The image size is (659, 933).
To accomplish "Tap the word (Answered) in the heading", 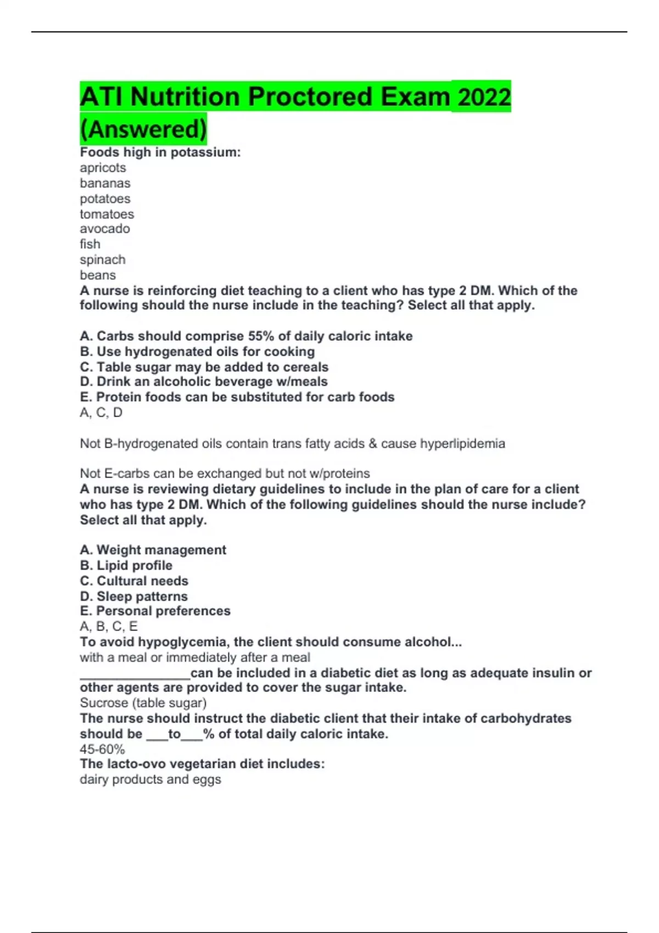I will [143, 130].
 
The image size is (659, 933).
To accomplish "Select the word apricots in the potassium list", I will [103, 168].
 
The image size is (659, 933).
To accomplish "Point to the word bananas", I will [105, 183].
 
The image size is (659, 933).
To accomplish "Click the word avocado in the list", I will [104, 229].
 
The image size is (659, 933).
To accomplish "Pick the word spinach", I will [102, 260].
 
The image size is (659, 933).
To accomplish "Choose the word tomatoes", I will [107, 214].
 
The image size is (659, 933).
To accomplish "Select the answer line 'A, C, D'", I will [101, 413].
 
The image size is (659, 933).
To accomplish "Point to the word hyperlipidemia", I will [462, 443].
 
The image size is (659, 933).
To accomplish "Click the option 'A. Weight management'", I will [153, 550].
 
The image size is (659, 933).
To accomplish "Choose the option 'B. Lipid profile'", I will [126, 565].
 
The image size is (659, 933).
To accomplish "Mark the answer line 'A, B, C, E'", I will [109, 626].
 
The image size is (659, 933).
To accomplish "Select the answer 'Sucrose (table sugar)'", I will [143, 703].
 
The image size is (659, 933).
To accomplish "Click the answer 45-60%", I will [102, 749].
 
